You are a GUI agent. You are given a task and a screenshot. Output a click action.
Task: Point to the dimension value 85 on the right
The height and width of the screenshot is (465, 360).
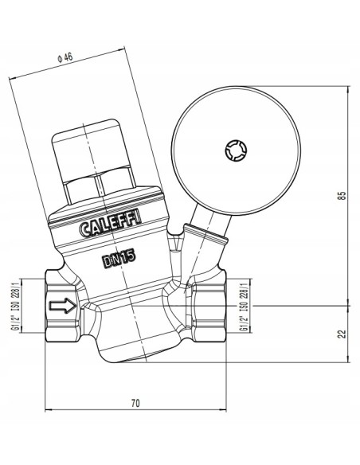click(342, 197)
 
